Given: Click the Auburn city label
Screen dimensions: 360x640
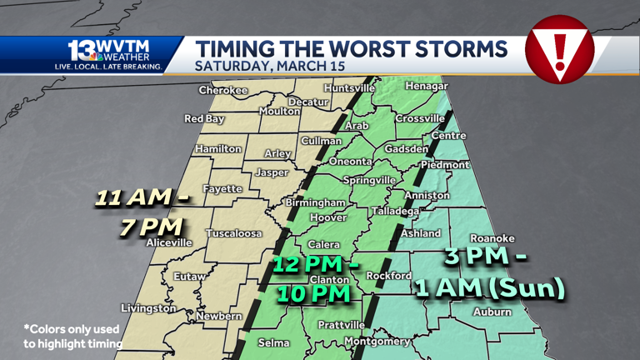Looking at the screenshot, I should pyautogui.click(x=492, y=312).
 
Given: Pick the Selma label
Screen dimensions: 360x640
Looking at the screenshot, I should pyautogui.click(x=273, y=342).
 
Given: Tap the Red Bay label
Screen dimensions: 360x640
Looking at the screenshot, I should pyautogui.click(x=204, y=119).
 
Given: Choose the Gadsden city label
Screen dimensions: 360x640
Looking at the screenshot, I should pyautogui.click(x=406, y=149).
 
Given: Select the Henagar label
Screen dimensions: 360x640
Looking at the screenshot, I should pyautogui.click(x=426, y=87).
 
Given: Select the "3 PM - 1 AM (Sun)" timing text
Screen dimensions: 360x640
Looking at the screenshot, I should pyautogui.click(x=490, y=273).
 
